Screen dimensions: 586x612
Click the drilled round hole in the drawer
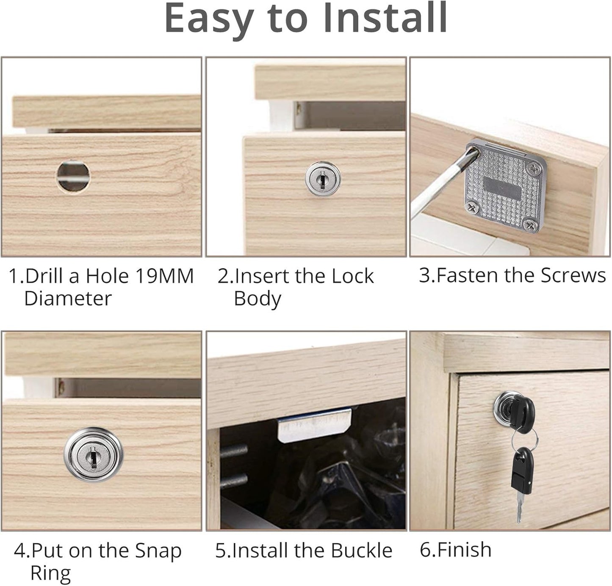pos(73,175)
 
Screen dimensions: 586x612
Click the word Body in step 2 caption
pos(257,299)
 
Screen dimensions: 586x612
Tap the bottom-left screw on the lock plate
pos(472,207)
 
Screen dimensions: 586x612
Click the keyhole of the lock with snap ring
pos(94,455)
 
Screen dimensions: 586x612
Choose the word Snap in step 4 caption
pos(158,551)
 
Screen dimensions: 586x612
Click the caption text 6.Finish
pos(455,550)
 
